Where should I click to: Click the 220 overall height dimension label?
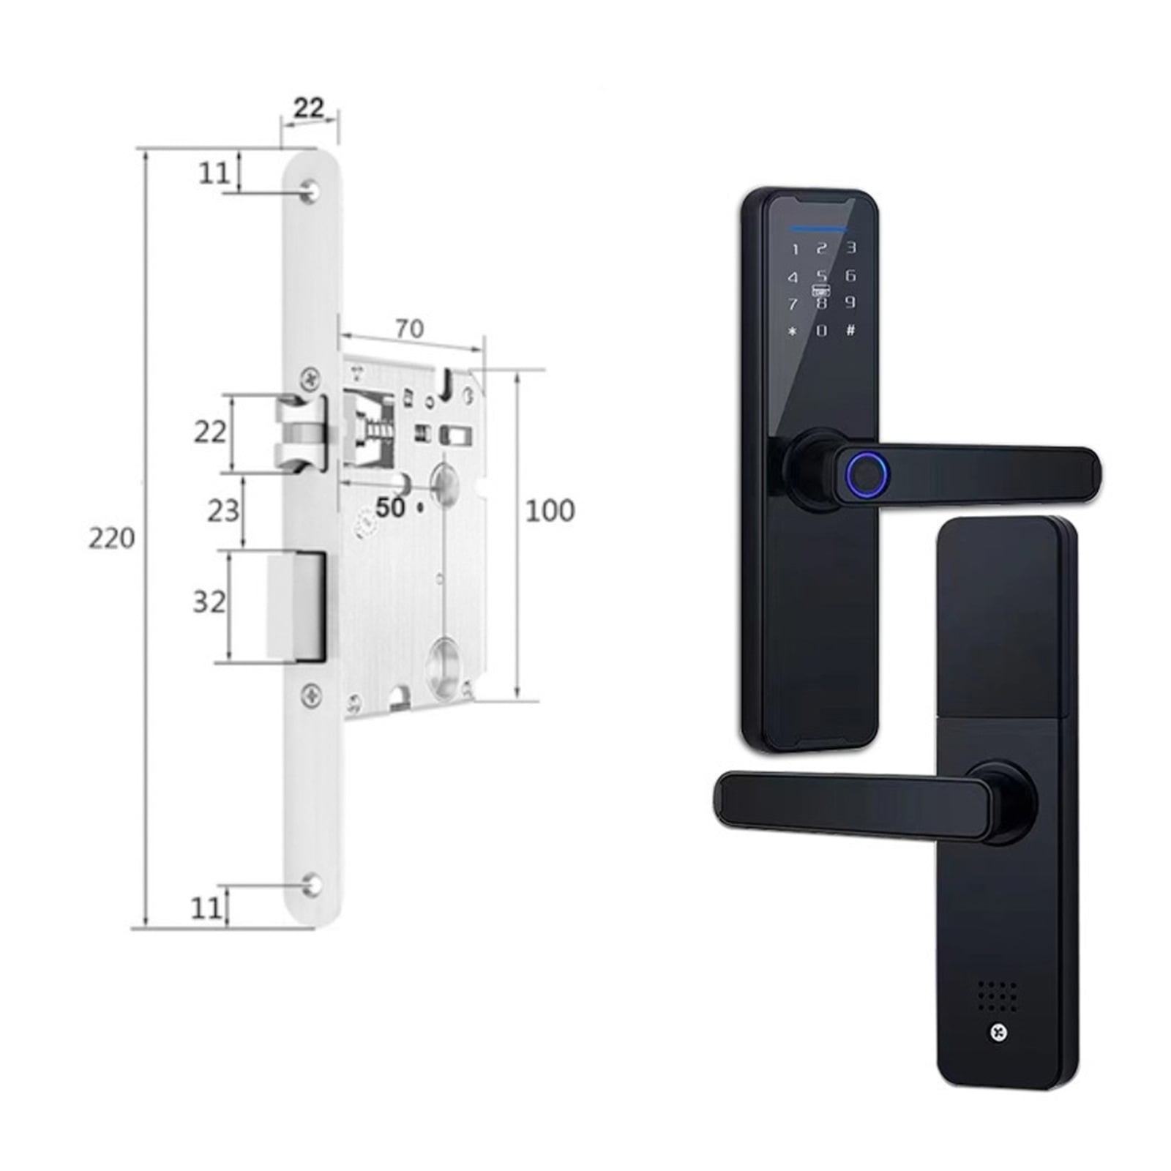[x=111, y=538]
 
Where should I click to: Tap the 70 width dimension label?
[x=409, y=329]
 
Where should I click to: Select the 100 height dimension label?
[x=550, y=510]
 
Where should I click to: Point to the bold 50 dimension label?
[x=390, y=507]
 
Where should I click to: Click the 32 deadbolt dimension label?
[x=209, y=602]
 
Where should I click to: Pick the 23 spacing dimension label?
[x=222, y=510]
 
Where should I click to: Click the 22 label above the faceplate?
[x=308, y=108]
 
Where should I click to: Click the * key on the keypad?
[x=792, y=332]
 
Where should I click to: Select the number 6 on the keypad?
[x=850, y=275]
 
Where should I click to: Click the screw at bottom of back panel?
[x=998, y=1032]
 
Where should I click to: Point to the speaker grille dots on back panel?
[x=998, y=994]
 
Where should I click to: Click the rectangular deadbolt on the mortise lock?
[x=297, y=606]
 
